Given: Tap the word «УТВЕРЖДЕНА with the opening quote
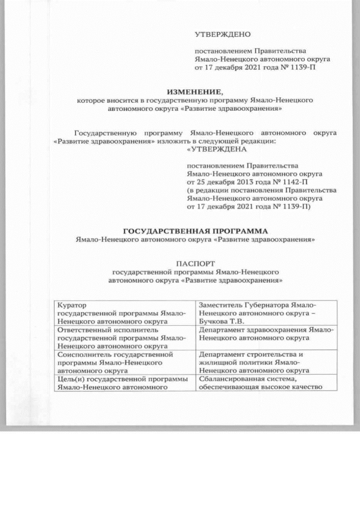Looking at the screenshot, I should [209, 149].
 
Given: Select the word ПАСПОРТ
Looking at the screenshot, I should [194, 263].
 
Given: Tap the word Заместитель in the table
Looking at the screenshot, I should [223, 305].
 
